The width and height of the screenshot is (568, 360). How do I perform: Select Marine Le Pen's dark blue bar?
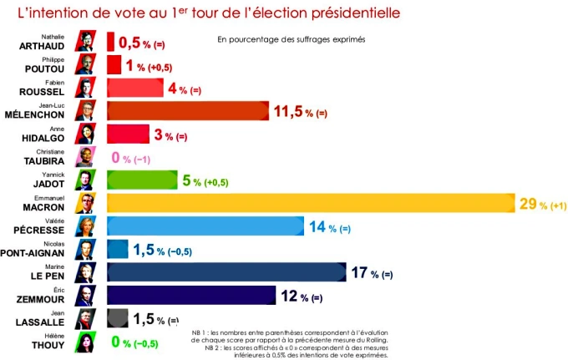(x=226, y=272)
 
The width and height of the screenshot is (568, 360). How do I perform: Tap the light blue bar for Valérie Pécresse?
(x=205, y=226)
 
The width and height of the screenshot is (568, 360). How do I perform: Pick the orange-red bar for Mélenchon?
(x=187, y=111)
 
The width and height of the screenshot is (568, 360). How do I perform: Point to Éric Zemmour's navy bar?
(x=191, y=296)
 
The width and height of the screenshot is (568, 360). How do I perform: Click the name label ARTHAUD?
(x=42, y=47)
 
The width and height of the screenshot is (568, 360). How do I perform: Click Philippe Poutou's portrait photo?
(x=86, y=64)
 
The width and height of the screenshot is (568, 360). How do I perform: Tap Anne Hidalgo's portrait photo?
(x=86, y=134)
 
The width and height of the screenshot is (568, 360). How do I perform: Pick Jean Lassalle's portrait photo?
(x=86, y=318)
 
